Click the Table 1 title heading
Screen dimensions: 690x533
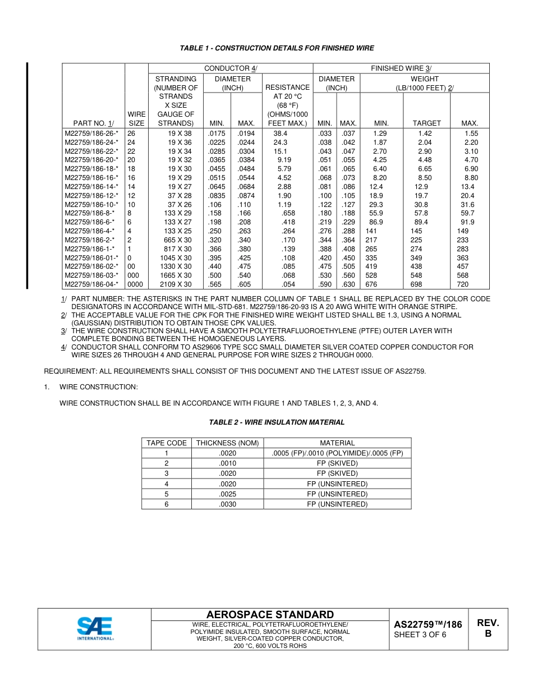[x=277, y=48]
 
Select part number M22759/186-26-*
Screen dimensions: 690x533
[x=91, y=134]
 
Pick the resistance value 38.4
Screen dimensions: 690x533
[x=281, y=134]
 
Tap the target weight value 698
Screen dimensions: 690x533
[x=416, y=284]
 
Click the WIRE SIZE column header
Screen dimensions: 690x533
[x=136, y=118]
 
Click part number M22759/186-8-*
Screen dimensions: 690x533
[x=89, y=213]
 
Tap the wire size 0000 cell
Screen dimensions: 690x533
[x=135, y=284]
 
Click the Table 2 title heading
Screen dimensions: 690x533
[x=277, y=422]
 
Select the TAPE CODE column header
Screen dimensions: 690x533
[x=167, y=443]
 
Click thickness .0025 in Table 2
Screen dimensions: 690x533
[x=227, y=494]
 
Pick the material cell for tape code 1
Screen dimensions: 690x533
[x=337, y=453]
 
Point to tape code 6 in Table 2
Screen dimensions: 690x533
[x=167, y=504]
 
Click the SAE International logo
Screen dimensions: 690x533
[x=95, y=629]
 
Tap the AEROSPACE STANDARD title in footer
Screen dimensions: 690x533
[x=270, y=615]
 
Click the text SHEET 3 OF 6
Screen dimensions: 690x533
[x=420, y=635]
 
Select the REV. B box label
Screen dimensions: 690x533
[x=488, y=628]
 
